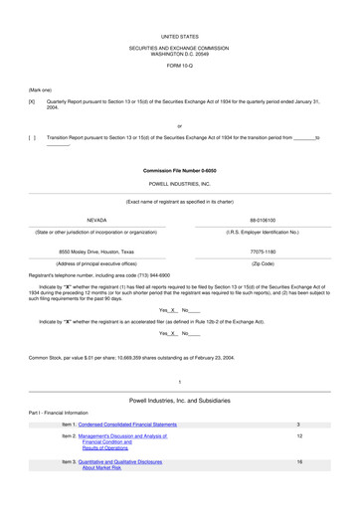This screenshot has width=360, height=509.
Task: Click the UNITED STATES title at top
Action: click(179, 36)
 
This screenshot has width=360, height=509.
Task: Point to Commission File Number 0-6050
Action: click(179, 171)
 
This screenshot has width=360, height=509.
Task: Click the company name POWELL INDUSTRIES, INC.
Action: click(179, 184)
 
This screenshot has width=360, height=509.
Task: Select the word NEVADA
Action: click(96, 220)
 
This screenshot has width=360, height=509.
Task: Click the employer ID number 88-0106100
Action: click(264, 220)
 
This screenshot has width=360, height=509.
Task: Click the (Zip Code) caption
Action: click(264, 263)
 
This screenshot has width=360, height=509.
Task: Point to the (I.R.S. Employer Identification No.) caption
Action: click(264, 232)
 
